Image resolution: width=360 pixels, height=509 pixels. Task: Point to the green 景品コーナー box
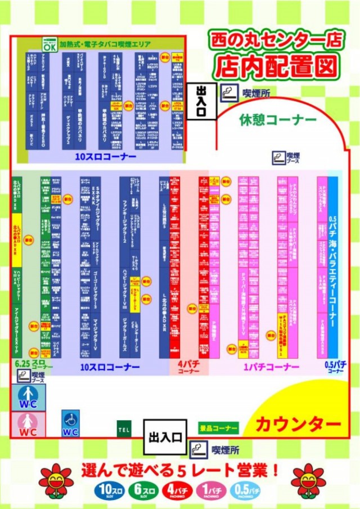[219, 428]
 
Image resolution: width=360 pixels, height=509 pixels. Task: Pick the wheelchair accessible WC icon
[70, 423]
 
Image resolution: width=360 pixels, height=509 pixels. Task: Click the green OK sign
[50, 45]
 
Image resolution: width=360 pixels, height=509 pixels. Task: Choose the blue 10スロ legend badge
[106, 490]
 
